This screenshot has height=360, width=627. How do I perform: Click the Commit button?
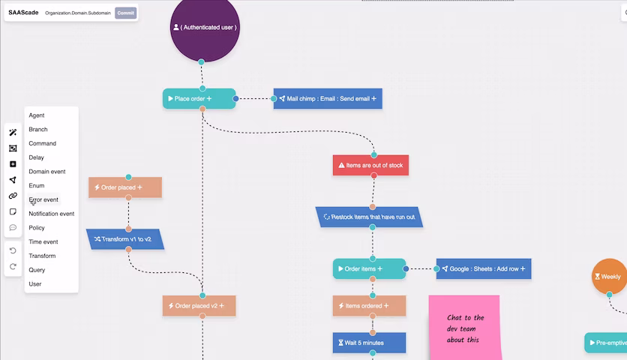coord(125,13)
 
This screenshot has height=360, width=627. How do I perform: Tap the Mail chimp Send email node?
coord(328,99)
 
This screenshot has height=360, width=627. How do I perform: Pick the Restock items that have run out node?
coord(369,217)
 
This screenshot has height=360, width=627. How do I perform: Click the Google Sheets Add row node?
coord(484,268)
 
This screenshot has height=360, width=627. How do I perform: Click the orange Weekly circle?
coord(610,277)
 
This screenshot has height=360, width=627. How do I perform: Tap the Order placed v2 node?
coord(199,305)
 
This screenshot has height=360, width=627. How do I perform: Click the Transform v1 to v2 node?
coord(124,239)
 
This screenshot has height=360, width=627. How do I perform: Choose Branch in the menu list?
coord(38,130)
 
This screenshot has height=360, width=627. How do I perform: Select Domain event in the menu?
coord(47,172)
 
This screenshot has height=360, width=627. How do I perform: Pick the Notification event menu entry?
coord(52,214)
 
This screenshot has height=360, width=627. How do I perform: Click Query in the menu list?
coord(37,270)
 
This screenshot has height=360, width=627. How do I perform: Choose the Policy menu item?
coord(37,228)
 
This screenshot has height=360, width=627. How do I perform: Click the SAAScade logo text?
coord(23,13)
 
